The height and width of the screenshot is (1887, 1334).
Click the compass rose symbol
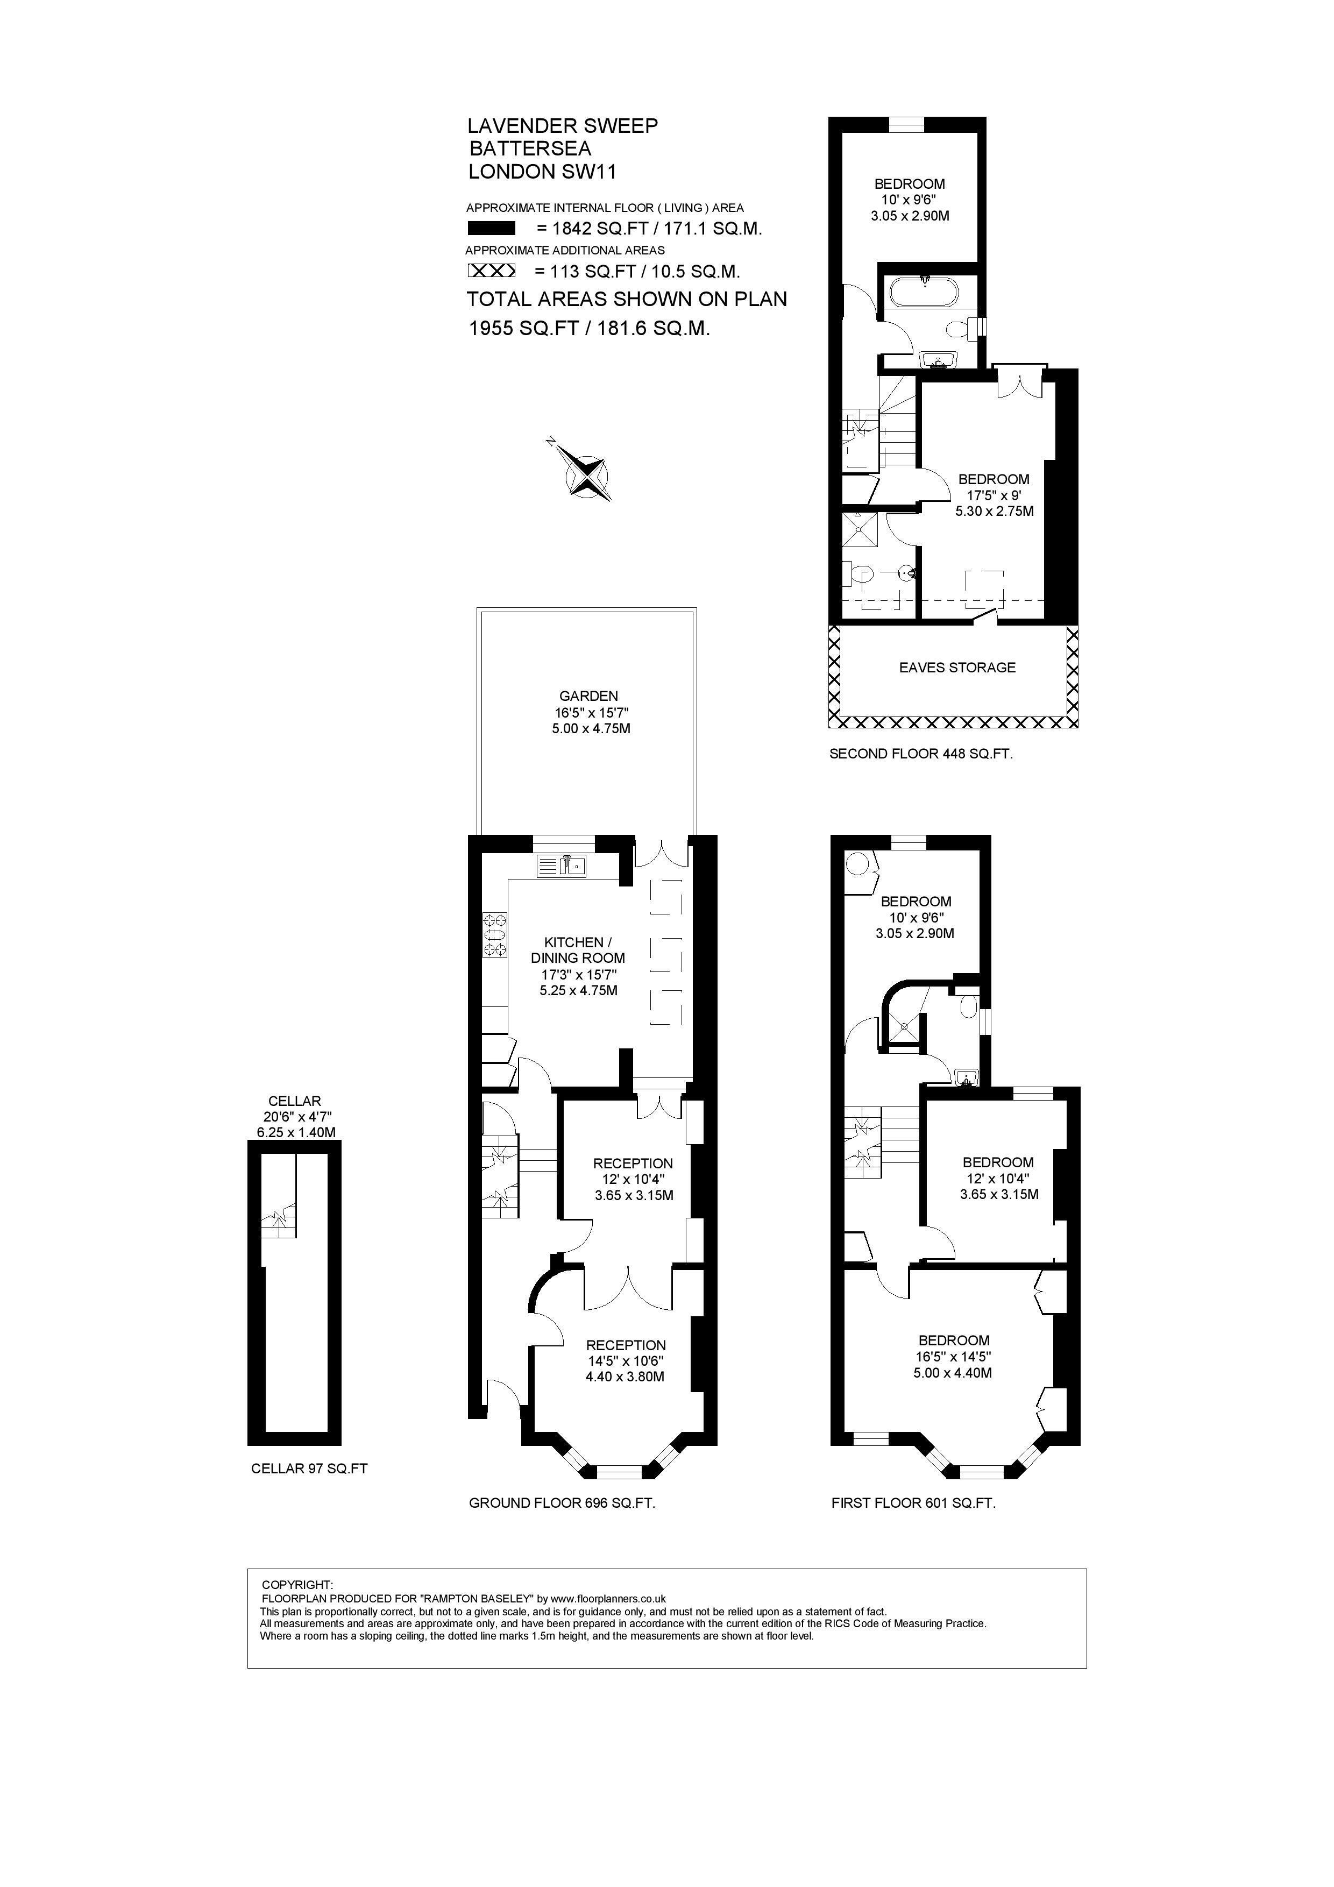click(587, 474)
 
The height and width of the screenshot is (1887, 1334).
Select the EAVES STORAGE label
click(957, 668)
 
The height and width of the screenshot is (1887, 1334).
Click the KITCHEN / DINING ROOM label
click(578, 950)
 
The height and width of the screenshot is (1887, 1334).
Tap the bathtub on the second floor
click(926, 293)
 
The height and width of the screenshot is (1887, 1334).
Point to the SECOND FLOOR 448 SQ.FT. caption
click(920, 754)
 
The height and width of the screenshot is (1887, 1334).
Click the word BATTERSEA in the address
click(530, 149)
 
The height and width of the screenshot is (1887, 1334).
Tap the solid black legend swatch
click(491, 229)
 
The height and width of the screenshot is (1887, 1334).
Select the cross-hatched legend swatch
click(491, 271)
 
